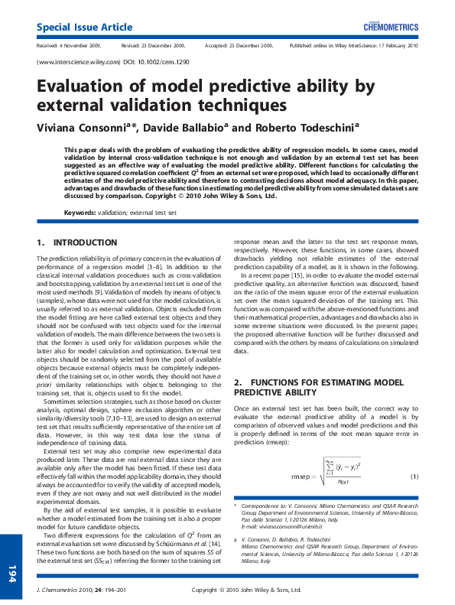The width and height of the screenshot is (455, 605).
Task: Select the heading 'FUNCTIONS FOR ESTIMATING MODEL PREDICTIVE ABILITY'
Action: click(317, 385)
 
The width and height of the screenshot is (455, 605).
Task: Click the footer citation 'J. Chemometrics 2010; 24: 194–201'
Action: click(80, 590)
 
